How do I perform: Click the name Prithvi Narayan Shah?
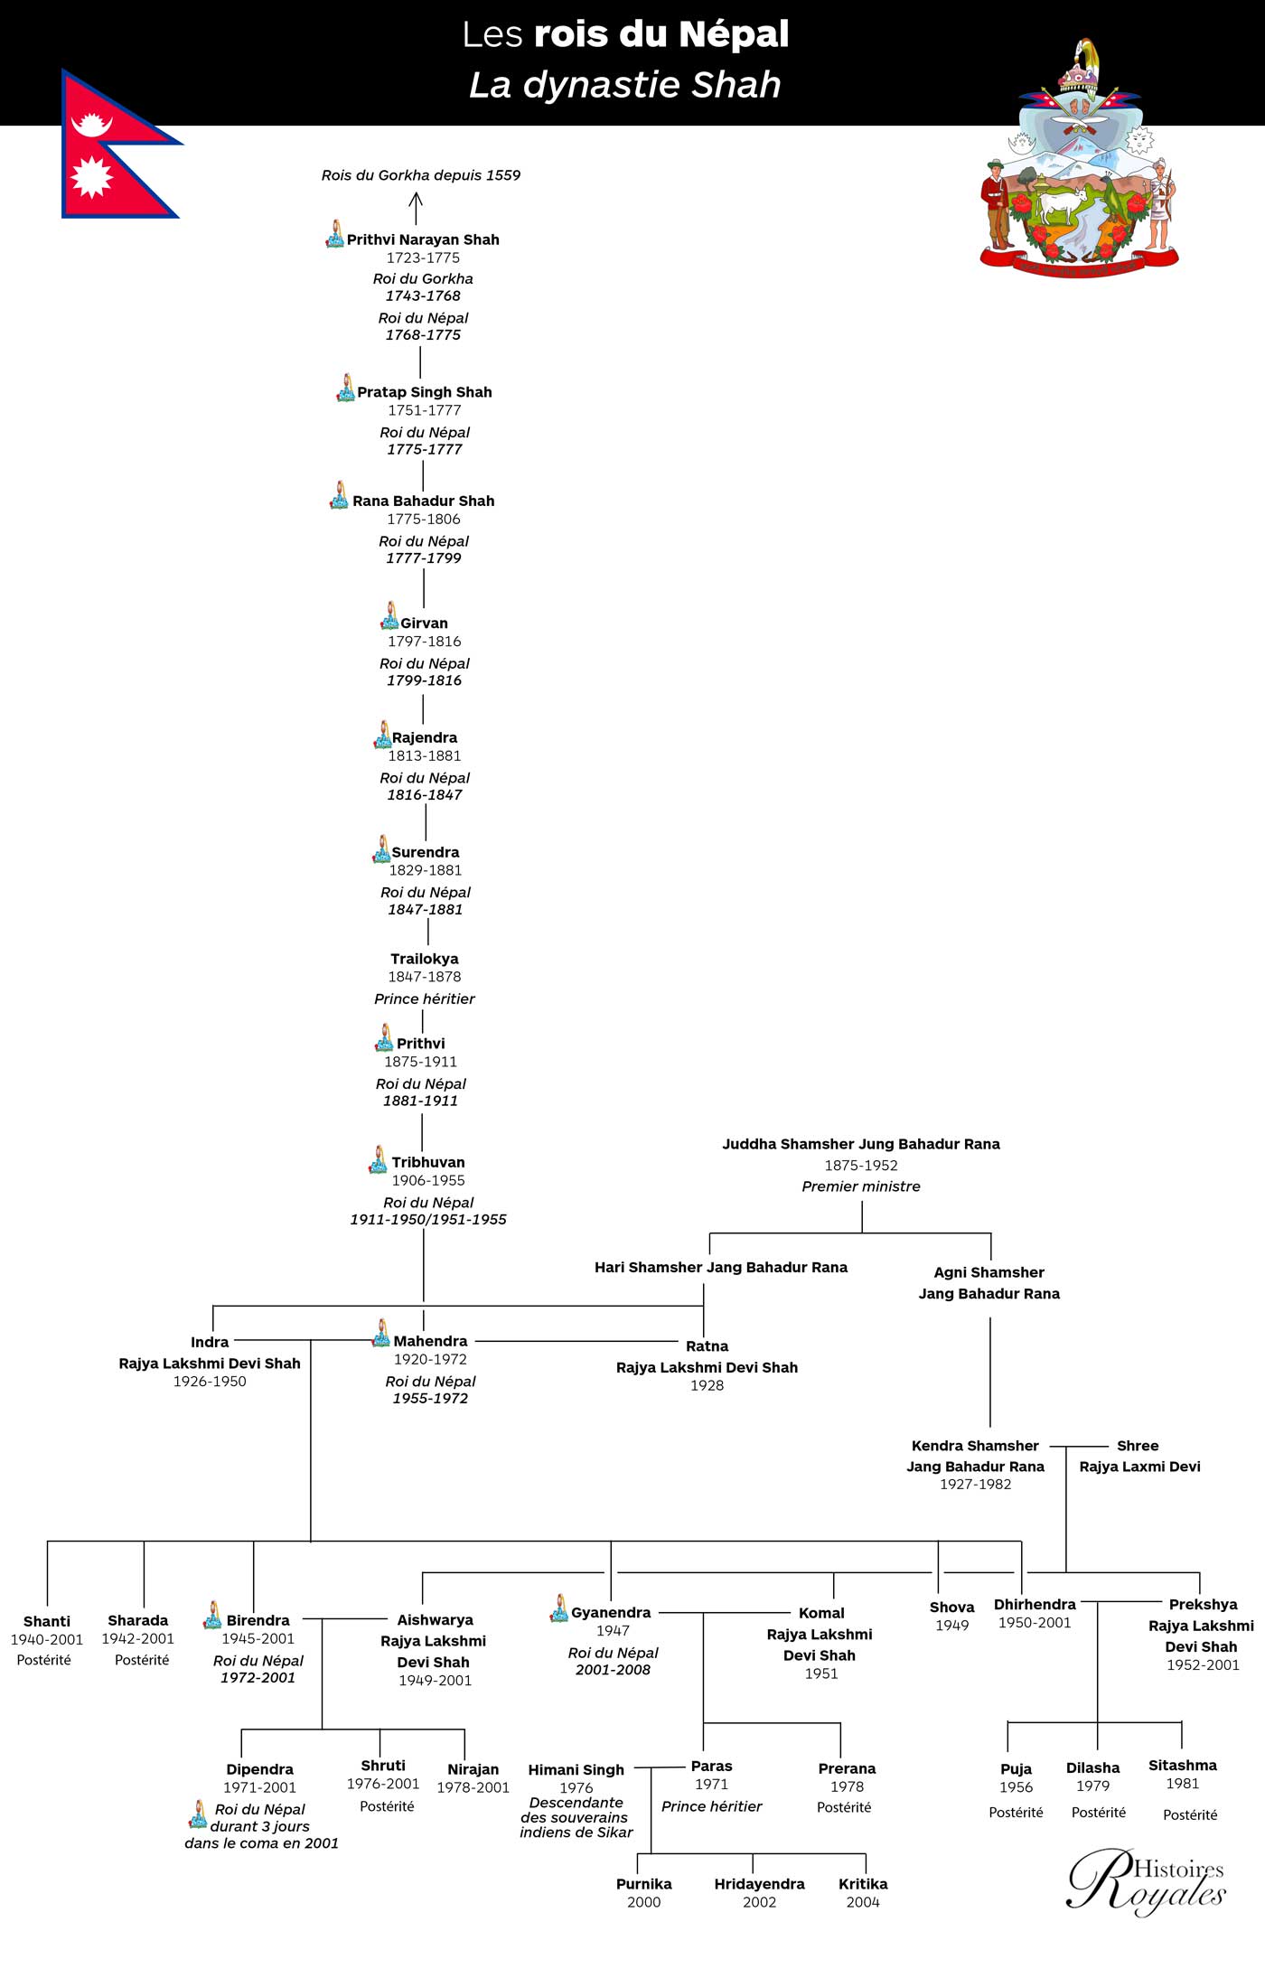pyautogui.click(x=423, y=239)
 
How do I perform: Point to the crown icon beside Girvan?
pyautogui.click(x=389, y=615)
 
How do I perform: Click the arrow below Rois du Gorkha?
pyautogui.click(x=416, y=209)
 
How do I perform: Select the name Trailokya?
pyautogui.click(x=425, y=959)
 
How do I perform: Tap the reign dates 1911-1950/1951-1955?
pyautogui.click(x=428, y=1219)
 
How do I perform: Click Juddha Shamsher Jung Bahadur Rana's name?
pyautogui.click(x=861, y=1144)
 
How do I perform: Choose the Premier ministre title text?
pyautogui.click(x=861, y=1186)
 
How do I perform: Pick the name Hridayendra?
pyautogui.click(x=759, y=1884)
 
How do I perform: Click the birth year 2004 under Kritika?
pyautogui.click(x=863, y=1902)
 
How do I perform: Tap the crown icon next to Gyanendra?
pyautogui.click(x=559, y=1608)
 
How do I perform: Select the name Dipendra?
pyautogui.click(x=259, y=1769)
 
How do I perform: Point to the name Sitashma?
pyautogui.click(x=1183, y=1765)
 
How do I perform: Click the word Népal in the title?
pyautogui.click(x=734, y=34)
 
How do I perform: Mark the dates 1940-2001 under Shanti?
pyautogui.click(x=47, y=1639)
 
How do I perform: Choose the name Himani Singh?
pyautogui.click(x=576, y=1769)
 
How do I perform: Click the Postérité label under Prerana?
pyautogui.click(x=844, y=1807)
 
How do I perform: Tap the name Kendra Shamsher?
pyautogui.click(x=975, y=1446)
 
